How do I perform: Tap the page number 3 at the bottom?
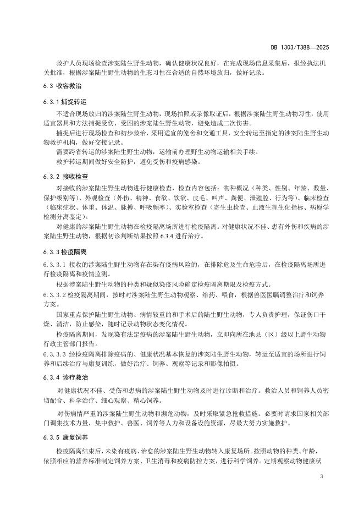coord(321,474)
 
